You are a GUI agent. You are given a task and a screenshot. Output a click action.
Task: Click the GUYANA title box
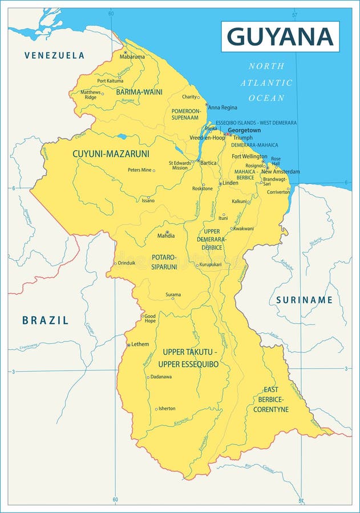point(280,36)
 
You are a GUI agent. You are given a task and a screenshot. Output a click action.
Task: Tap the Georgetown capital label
point(244,131)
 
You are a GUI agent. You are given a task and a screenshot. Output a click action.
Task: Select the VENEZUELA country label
point(54,55)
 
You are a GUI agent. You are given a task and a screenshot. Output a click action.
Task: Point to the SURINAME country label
point(304,300)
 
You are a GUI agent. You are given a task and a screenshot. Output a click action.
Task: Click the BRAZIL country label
point(46,320)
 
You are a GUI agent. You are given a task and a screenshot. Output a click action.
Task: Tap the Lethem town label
point(140,344)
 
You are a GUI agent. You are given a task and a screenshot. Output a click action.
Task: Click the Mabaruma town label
point(132,56)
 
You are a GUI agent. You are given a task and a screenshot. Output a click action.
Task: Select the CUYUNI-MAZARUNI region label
point(111,154)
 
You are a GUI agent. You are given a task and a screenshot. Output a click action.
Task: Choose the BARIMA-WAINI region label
point(139,92)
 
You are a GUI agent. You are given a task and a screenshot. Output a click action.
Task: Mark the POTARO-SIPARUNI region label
point(164,262)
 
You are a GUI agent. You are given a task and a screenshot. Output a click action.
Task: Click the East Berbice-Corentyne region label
point(271,400)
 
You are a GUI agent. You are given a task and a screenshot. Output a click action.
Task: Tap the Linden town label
point(230,183)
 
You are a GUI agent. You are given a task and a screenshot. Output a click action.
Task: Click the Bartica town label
point(209,163)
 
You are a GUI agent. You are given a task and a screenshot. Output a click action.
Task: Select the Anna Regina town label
point(223,107)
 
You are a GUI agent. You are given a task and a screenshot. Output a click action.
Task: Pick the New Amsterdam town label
point(280,172)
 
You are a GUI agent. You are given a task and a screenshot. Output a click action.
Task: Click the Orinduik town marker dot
point(116,263)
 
